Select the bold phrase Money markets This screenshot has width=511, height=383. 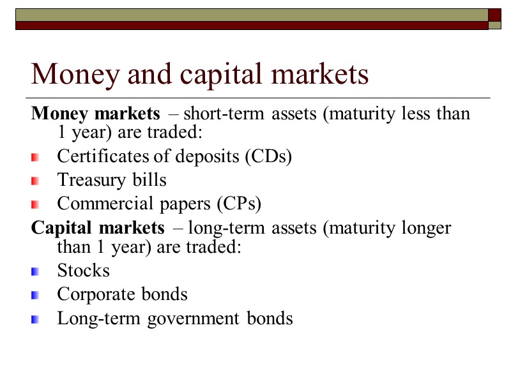(x=96, y=114)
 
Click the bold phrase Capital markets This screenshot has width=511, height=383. (x=98, y=227)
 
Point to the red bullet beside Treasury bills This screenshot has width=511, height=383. (x=35, y=181)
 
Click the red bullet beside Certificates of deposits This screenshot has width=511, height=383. (x=35, y=158)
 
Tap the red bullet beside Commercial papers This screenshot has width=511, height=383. (x=35, y=204)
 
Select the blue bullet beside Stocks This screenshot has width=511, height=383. (x=35, y=271)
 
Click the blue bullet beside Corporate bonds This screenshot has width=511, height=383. (x=35, y=295)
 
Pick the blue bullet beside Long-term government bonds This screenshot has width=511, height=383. (x=35, y=319)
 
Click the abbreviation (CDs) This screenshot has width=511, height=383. (x=268, y=157)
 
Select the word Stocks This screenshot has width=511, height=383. (x=84, y=271)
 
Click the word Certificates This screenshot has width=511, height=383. (x=93, y=157)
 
